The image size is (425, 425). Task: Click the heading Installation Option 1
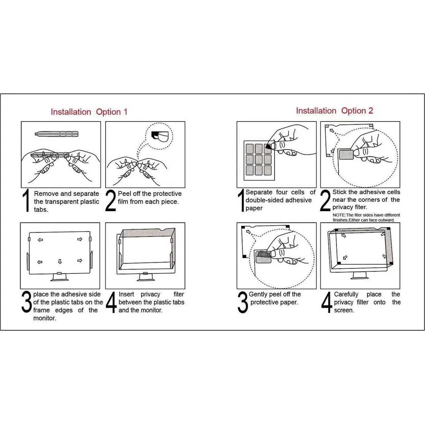[x=89, y=112]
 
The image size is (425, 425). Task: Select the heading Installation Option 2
[x=334, y=111]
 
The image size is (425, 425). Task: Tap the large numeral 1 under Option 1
[x=27, y=201]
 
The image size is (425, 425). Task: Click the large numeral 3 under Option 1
[x=27, y=302]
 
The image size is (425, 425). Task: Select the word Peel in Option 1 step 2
[x=126, y=194]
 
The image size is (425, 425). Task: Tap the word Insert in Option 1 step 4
[x=127, y=294]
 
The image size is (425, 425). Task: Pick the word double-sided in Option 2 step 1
[x=265, y=200]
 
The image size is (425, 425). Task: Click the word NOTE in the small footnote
[x=340, y=215]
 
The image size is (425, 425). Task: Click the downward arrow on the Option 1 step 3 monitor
[x=60, y=262]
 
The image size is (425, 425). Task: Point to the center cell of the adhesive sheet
[x=259, y=158]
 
